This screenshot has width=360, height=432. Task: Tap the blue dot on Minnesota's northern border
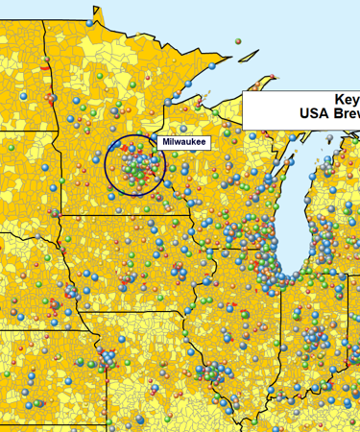click(91, 20)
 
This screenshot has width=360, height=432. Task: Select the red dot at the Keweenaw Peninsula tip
click(274, 76)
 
